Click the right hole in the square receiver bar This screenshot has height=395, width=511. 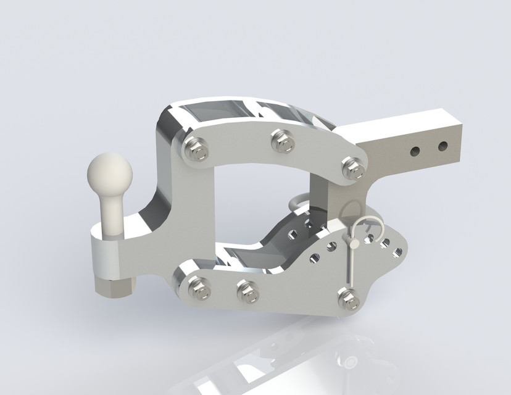(442, 146)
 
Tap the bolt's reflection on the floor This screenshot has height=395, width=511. (349, 360)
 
